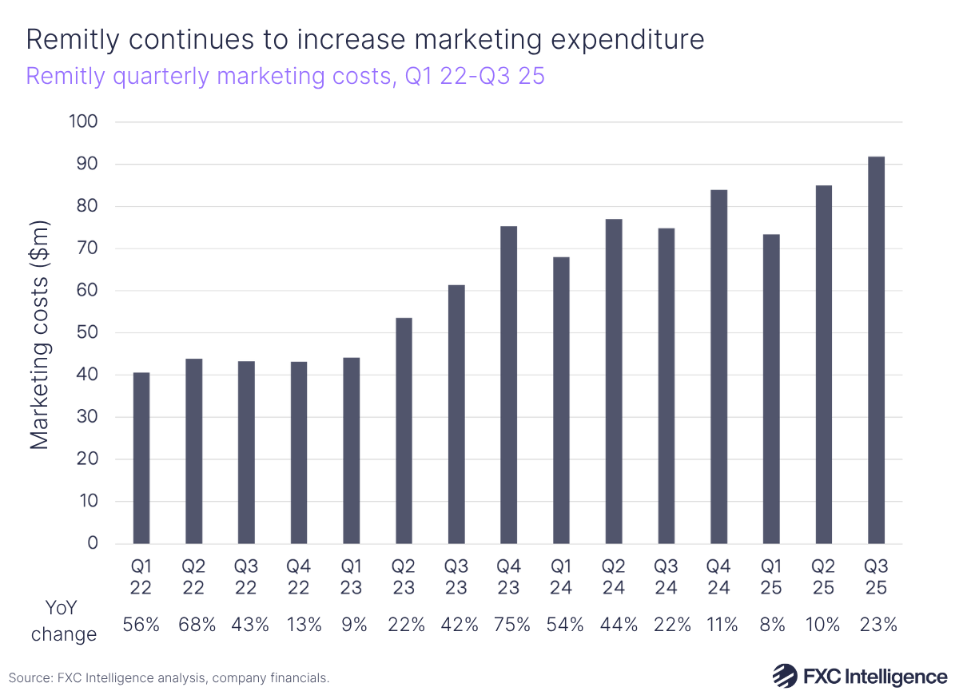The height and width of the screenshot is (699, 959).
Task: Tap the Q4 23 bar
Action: tap(508, 385)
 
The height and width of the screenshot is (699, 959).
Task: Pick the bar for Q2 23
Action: tap(404, 431)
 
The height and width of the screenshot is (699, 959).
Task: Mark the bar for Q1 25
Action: tap(771, 389)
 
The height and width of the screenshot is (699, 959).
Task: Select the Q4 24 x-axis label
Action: tap(718, 577)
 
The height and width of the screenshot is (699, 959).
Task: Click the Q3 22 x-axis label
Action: tap(246, 577)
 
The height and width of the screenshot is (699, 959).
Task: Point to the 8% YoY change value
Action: tap(771, 625)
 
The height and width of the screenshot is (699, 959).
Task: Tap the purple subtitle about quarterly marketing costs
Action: tap(285, 77)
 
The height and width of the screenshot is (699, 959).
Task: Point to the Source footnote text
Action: tap(169, 678)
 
